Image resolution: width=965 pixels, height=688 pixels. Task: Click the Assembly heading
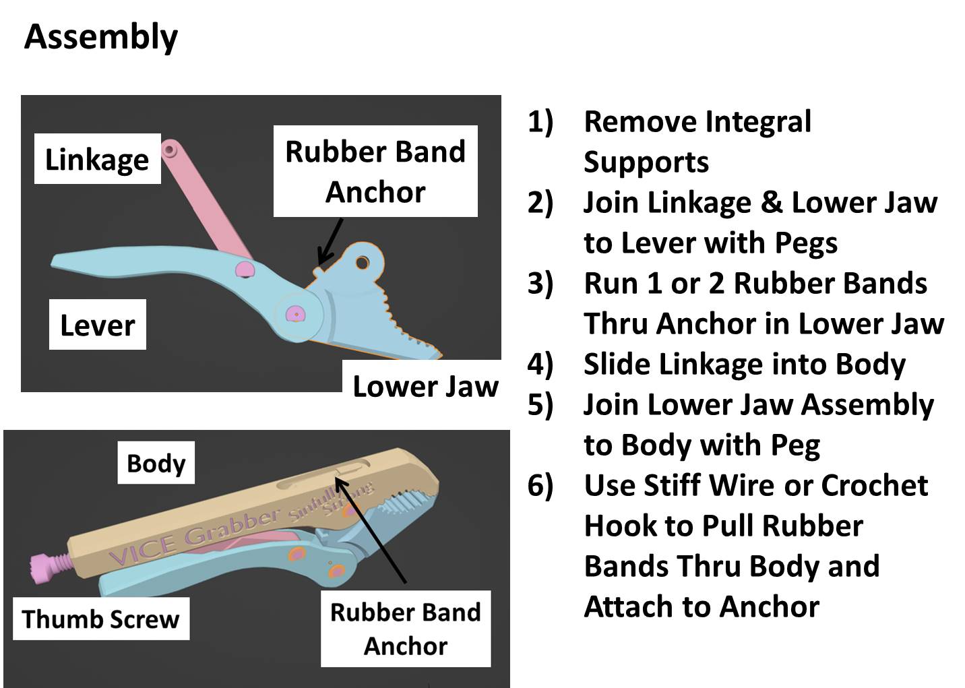(x=101, y=37)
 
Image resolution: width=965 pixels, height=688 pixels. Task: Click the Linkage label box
(x=97, y=160)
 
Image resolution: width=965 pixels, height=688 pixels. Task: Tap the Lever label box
(x=97, y=325)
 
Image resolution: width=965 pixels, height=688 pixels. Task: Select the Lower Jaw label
(x=425, y=386)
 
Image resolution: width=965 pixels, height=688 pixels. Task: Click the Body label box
(x=156, y=463)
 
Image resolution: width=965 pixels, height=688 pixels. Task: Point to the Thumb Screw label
(x=101, y=619)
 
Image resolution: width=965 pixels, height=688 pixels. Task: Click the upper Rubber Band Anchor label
(x=375, y=171)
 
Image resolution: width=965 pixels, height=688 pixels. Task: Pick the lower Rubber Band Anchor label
(x=405, y=629)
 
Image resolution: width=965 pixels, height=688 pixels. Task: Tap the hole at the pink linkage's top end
(x=169, y=150)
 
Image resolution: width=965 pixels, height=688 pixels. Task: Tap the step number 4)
(x=540, y=364)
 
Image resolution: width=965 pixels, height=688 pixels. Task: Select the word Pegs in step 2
(x=806, y=243)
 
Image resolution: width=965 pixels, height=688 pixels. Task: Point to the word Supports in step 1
(x=646, y=162)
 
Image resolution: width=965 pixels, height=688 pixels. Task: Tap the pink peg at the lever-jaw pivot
(x=294, y=314)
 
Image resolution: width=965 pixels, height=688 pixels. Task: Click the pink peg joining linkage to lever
(x=244, y=270)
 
